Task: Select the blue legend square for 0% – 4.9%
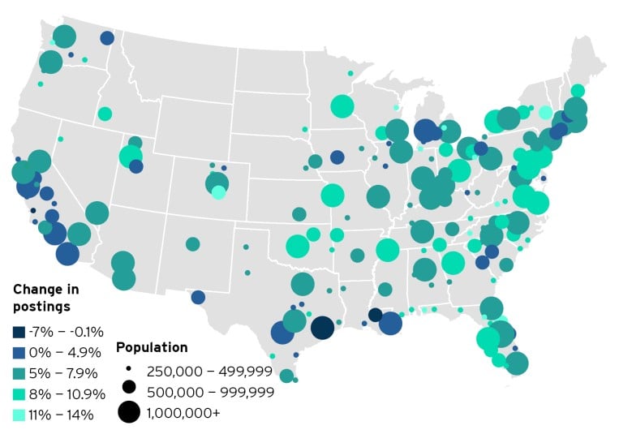(x=19, y=352)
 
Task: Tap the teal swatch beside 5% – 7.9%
(x=19, y=373)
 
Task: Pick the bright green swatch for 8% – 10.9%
(x=19, y=394)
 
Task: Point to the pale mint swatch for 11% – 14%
(x=19, y=415)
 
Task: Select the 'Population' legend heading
(x=152, y=347)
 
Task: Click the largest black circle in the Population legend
(x=128, y=412)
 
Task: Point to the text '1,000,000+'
(x=183, y=413)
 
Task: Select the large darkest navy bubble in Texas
(x=322, y=327)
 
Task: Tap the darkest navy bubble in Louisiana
(x=375, y=315)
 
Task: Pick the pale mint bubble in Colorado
(x=218, y=192)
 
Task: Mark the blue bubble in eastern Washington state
(x=107, y=38)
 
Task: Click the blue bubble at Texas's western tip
(x=198, y=297)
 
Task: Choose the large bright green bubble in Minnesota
(x=342, y=106)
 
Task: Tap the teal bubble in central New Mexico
(x=192, y=244)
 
